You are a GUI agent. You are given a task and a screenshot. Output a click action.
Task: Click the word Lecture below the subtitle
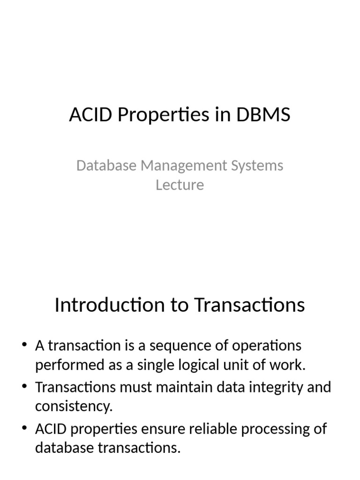coord(180,185)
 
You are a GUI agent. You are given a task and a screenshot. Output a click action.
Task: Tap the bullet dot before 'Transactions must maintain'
coord(25,388)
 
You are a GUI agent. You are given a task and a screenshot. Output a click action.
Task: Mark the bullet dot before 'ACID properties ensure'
coord(25,429)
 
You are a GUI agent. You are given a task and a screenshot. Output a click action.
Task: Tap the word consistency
coord(74,406)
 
